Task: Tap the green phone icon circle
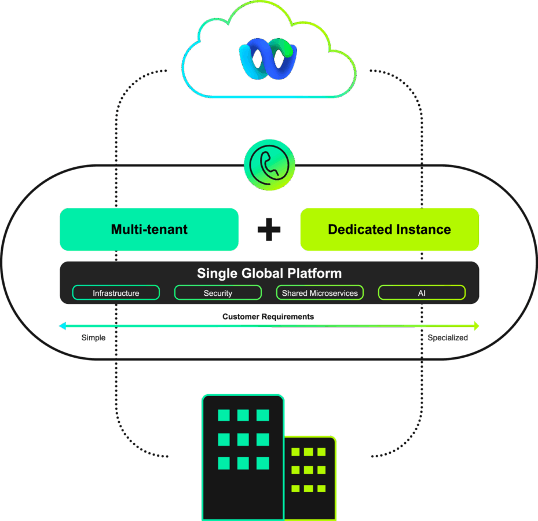click(269, 164)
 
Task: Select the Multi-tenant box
click(149, 229)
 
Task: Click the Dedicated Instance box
click(389, 229)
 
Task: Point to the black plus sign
click(269, 230)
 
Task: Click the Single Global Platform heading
click(269, 273)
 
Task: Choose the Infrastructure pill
click(116, 293)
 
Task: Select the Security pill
click(218, 293)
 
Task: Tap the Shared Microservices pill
click(320, 293)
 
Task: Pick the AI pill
click(422, 293)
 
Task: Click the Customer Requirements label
click(268, 317)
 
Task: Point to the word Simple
click(93, 337)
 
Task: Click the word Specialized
click(448, 337)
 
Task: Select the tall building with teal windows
click(243, 457)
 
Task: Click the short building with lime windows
click(309, 478)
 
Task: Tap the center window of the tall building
click(243, 439)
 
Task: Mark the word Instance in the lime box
click(423, 229)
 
